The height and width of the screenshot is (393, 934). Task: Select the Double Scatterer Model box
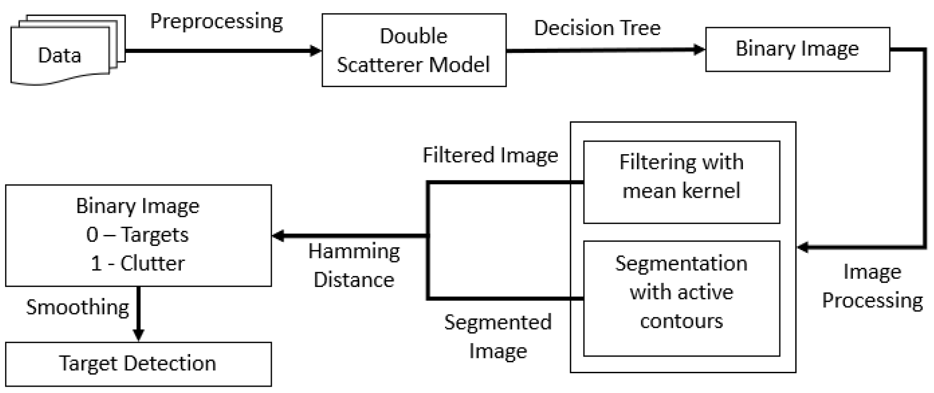(414, 50)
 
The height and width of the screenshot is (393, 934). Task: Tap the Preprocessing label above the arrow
(216, 21)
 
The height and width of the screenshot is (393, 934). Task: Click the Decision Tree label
(597, 28)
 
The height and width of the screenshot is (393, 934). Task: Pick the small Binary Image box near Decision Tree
(797, 49)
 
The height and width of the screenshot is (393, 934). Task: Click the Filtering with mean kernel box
(681, 182)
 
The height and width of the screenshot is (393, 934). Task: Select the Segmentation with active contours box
(681, 298)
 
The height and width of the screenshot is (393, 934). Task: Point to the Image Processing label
(872, 286)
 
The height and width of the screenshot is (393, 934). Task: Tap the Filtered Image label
(490, 155)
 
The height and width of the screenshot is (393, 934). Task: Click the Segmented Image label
(498, 336)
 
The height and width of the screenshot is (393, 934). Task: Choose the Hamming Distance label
(354, 265)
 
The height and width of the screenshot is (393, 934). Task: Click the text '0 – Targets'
(137, 235)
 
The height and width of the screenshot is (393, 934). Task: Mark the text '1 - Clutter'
(137, 263)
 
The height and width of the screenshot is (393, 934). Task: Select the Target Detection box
(138, 364)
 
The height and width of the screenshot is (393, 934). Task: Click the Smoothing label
(77, 307)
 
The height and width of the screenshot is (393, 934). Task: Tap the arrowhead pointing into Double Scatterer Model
(315, 51)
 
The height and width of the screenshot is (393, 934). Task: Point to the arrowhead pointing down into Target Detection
(138, 335)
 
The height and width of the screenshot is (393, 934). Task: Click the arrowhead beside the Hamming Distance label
(279, 236)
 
